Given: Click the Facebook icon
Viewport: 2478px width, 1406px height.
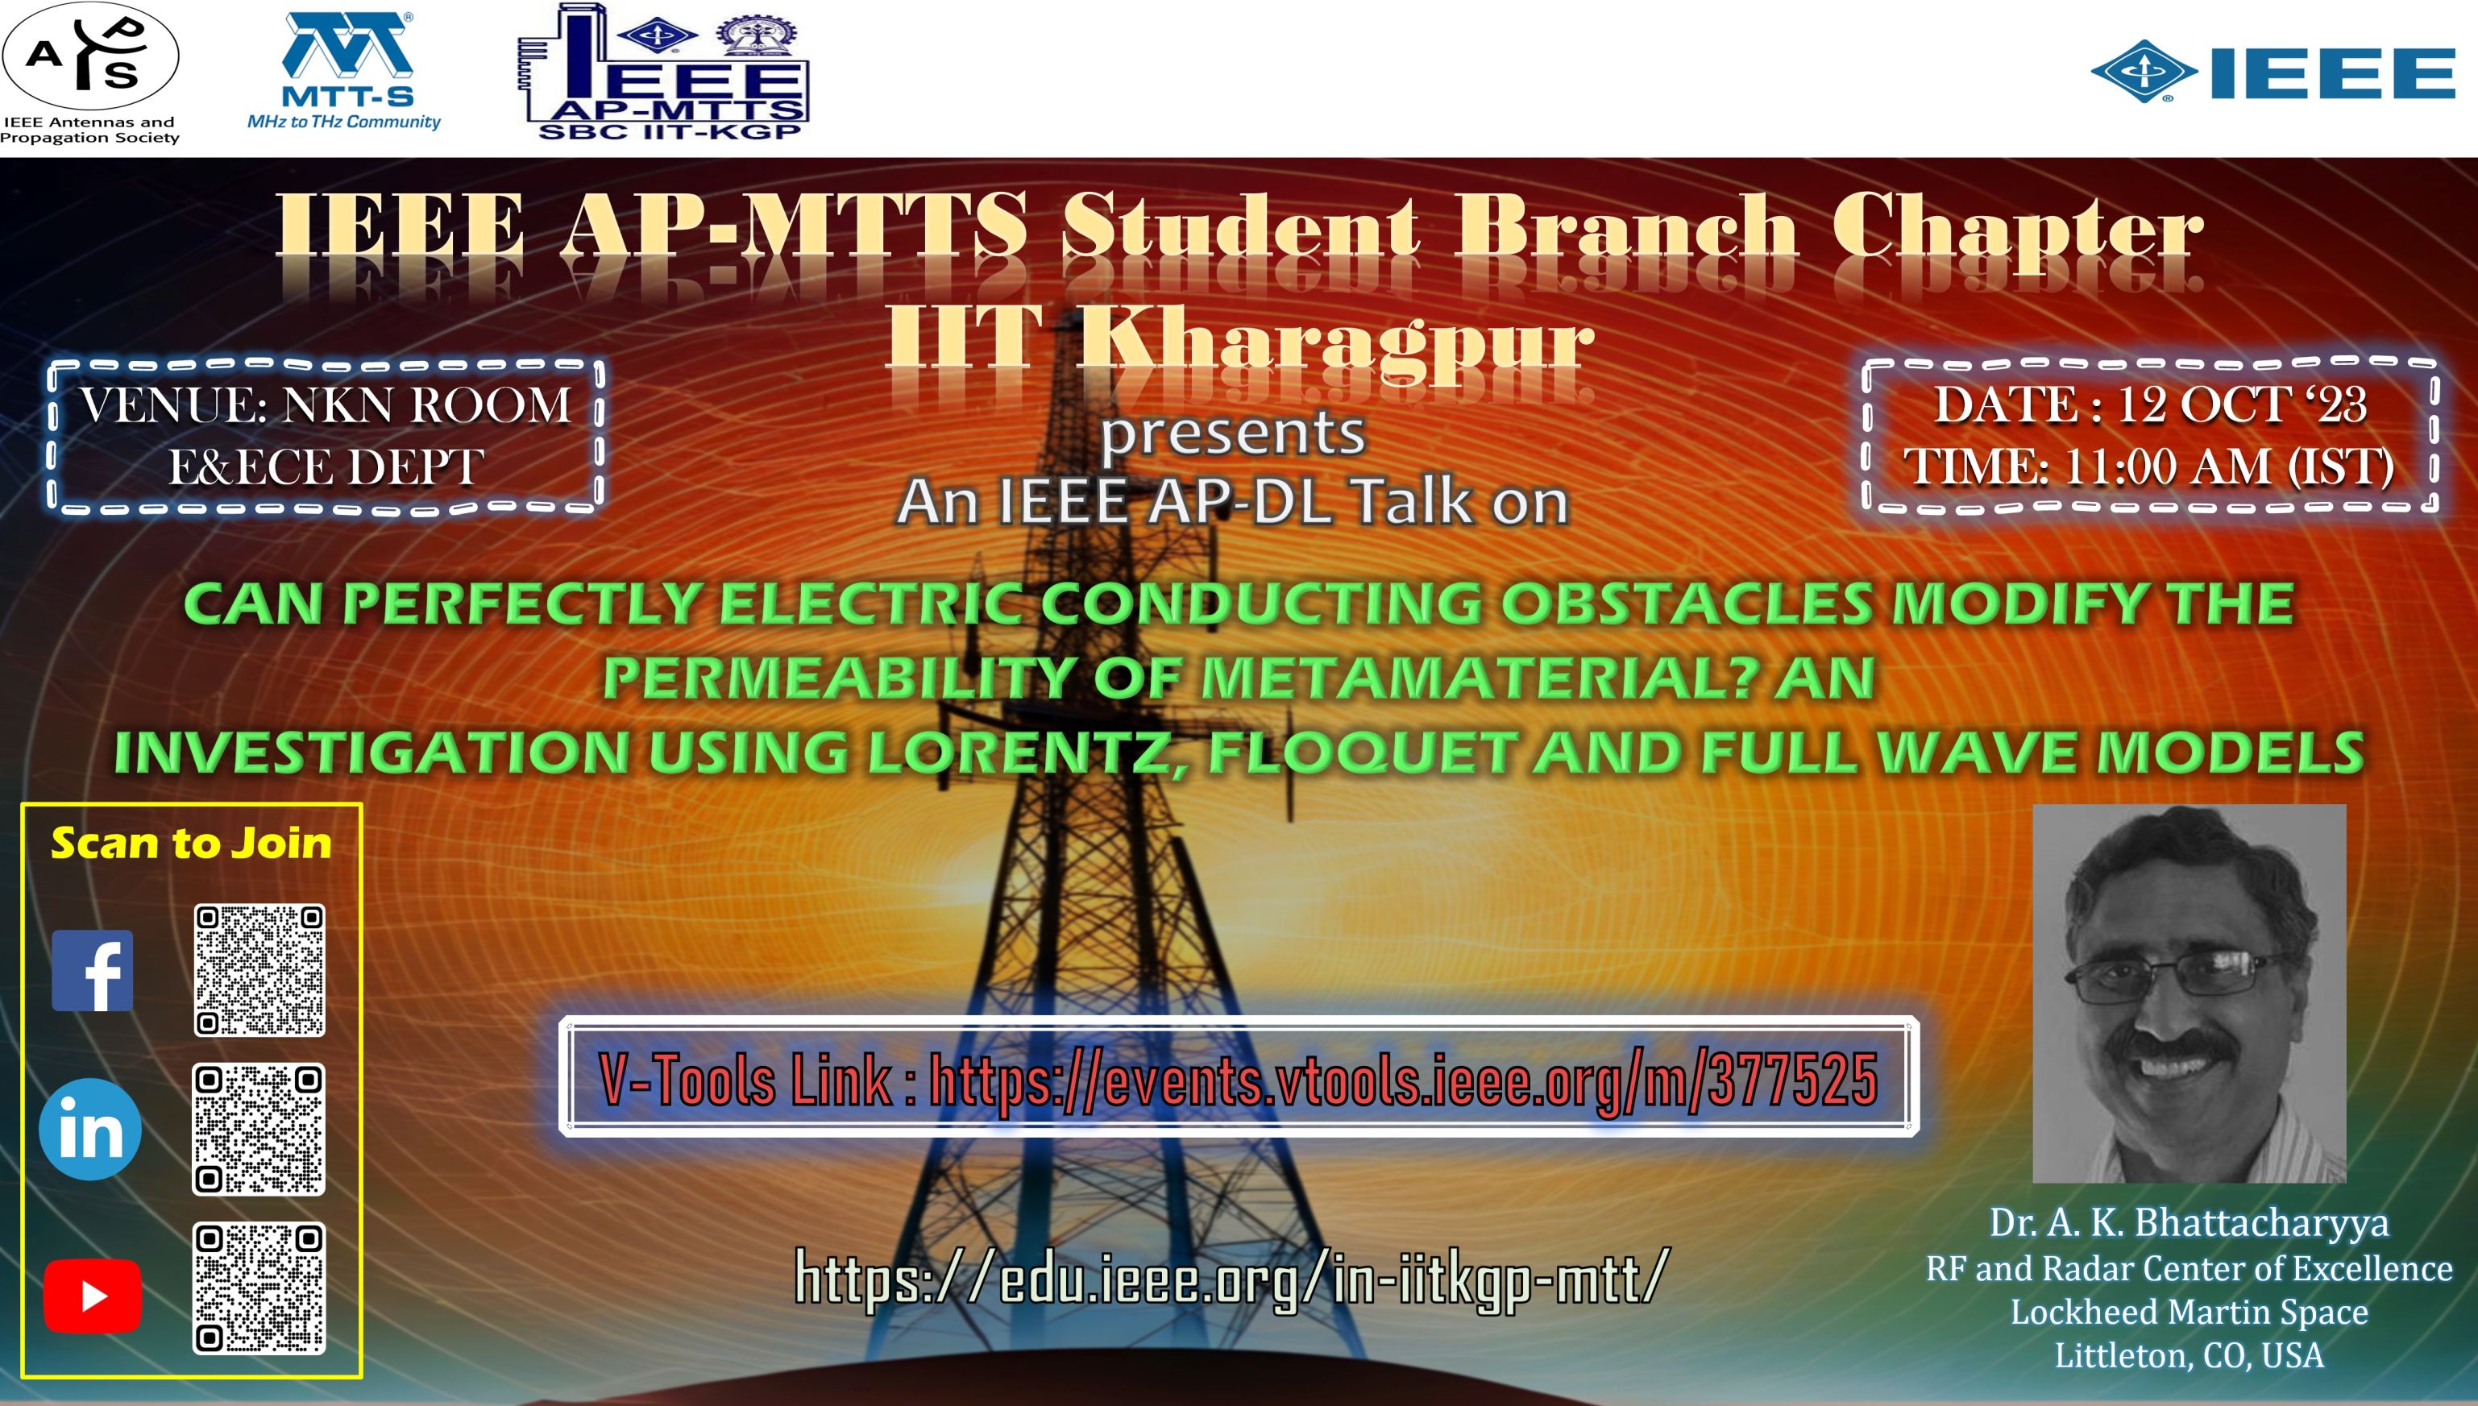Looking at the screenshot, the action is (x=93, y=970).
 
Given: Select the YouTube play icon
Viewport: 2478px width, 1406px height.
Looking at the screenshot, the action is (x=93, y=1295).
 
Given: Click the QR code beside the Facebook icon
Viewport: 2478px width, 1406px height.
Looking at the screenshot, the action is (x=259, y=970).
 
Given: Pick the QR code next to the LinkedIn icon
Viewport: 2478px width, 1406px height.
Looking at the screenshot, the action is (x=259, y=1129).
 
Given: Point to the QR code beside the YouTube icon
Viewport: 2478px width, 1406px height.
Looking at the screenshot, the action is (x=259, y=1288).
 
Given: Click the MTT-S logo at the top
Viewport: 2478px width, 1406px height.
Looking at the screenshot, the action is (x=345, y=70).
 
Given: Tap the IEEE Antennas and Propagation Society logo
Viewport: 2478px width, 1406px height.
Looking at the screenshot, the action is (x=89, y=73).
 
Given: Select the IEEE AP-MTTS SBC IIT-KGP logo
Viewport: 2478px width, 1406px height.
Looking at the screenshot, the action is (x=663, y=73).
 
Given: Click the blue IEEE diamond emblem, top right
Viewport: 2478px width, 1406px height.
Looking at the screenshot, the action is (x=2143, y=70).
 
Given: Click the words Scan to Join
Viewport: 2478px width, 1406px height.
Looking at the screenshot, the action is (x=191, y=843).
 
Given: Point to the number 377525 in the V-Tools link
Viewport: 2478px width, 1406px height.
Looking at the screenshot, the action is (x=1793, y=1080).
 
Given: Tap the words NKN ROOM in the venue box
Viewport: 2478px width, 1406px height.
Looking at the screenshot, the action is (x=425, y=404).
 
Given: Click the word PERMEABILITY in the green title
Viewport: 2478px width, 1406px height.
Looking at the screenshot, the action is (x=837, y=677).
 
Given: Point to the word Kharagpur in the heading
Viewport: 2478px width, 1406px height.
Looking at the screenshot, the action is (x=1335, y=341).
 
